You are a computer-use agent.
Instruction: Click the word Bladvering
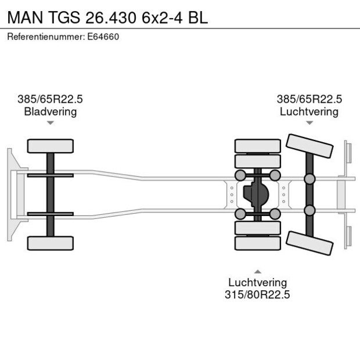(50, 111)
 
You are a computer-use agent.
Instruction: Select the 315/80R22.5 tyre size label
(257, 295)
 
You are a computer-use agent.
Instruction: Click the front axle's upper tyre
(51, 146)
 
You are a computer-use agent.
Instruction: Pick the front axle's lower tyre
(51, 243)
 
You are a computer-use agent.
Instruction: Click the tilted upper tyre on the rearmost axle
(309, 145)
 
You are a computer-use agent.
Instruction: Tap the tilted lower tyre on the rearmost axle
(309, 243)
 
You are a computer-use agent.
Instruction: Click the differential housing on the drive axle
(255, 195)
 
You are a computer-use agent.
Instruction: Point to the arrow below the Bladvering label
(51, 123)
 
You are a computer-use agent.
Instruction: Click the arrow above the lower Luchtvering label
(257, 271)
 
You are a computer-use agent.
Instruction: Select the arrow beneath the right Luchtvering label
(309, 123)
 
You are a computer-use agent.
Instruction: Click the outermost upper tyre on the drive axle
(257, 145)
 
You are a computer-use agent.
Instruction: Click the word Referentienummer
(44, 37)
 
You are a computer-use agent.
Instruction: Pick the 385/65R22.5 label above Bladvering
(50, 99)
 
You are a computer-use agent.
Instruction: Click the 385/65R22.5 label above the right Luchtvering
(309, 99)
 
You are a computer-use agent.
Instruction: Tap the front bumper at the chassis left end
(11, 195)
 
